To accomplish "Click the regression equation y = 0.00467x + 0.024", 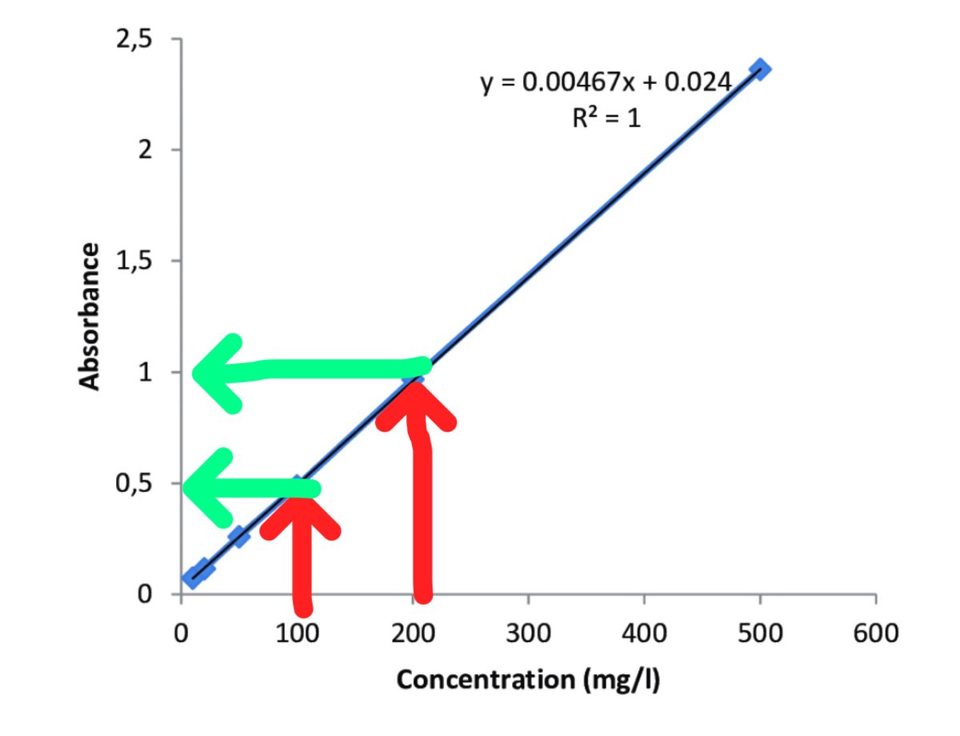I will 606,82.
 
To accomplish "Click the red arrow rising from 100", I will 302,552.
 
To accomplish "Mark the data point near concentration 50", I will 238,535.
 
